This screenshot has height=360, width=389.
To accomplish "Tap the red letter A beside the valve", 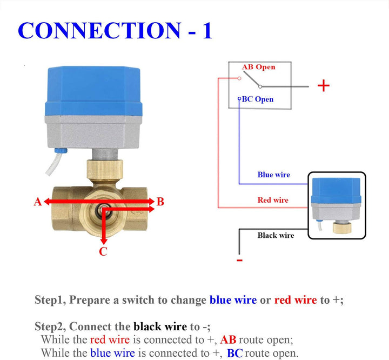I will click(x=37, y=202).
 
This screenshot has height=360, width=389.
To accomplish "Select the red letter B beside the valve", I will click(x=160, y=202).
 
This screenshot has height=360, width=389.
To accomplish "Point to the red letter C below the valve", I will click(x=103, y=251).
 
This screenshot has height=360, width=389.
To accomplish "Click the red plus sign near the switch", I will click(x=323, y=86).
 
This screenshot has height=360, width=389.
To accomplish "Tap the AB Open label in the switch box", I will click(x=259, y=68).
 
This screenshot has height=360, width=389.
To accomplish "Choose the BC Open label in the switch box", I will click(x=257, y=99).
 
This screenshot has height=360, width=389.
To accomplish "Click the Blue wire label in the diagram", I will click(x=273, y=175).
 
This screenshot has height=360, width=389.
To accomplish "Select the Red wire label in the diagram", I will click(x=273, y=200).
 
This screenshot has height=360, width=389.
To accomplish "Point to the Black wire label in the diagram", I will click(x=276, y=235).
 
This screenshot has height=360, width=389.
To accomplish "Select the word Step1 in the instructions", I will click(x=50, y=300).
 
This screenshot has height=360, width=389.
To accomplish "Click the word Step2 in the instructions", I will click(x=50, y=326).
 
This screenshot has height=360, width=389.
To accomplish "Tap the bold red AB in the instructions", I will click(x=228, y=340).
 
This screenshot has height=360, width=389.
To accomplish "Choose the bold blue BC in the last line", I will click(x=235, y=354).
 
